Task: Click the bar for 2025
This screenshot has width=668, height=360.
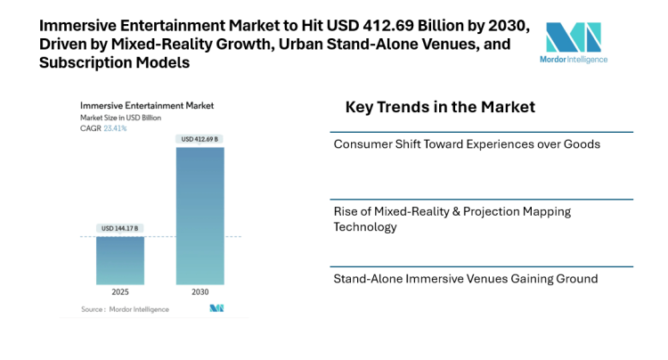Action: (119, 260)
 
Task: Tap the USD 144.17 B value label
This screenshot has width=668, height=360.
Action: (119, 228)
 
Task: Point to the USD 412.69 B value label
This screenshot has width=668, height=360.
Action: (200, 139)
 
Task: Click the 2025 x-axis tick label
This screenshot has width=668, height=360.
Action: (119, 292)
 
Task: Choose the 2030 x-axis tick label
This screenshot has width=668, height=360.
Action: (200, 292)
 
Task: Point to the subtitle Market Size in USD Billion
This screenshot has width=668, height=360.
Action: (122, 118)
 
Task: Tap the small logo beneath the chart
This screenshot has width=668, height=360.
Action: (216, 308)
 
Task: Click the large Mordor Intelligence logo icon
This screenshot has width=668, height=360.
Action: (573, 37)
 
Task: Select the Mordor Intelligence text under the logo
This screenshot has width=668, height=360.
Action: (574, 60)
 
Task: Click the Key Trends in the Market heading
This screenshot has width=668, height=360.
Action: (440, 107)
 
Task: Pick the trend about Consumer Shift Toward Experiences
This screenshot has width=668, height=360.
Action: (466, 143)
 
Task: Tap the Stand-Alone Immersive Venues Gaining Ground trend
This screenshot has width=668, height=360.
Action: (465, 279)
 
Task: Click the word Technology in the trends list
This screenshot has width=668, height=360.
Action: (364, 227)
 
